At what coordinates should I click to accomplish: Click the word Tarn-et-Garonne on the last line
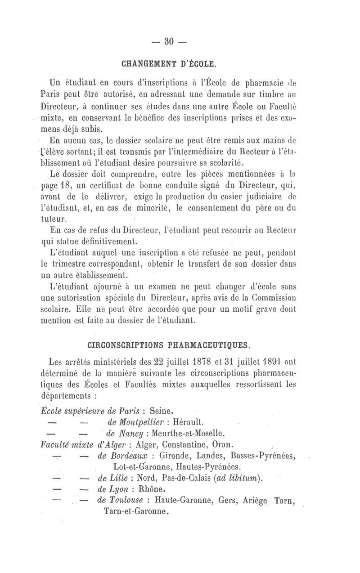click(137, 511)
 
